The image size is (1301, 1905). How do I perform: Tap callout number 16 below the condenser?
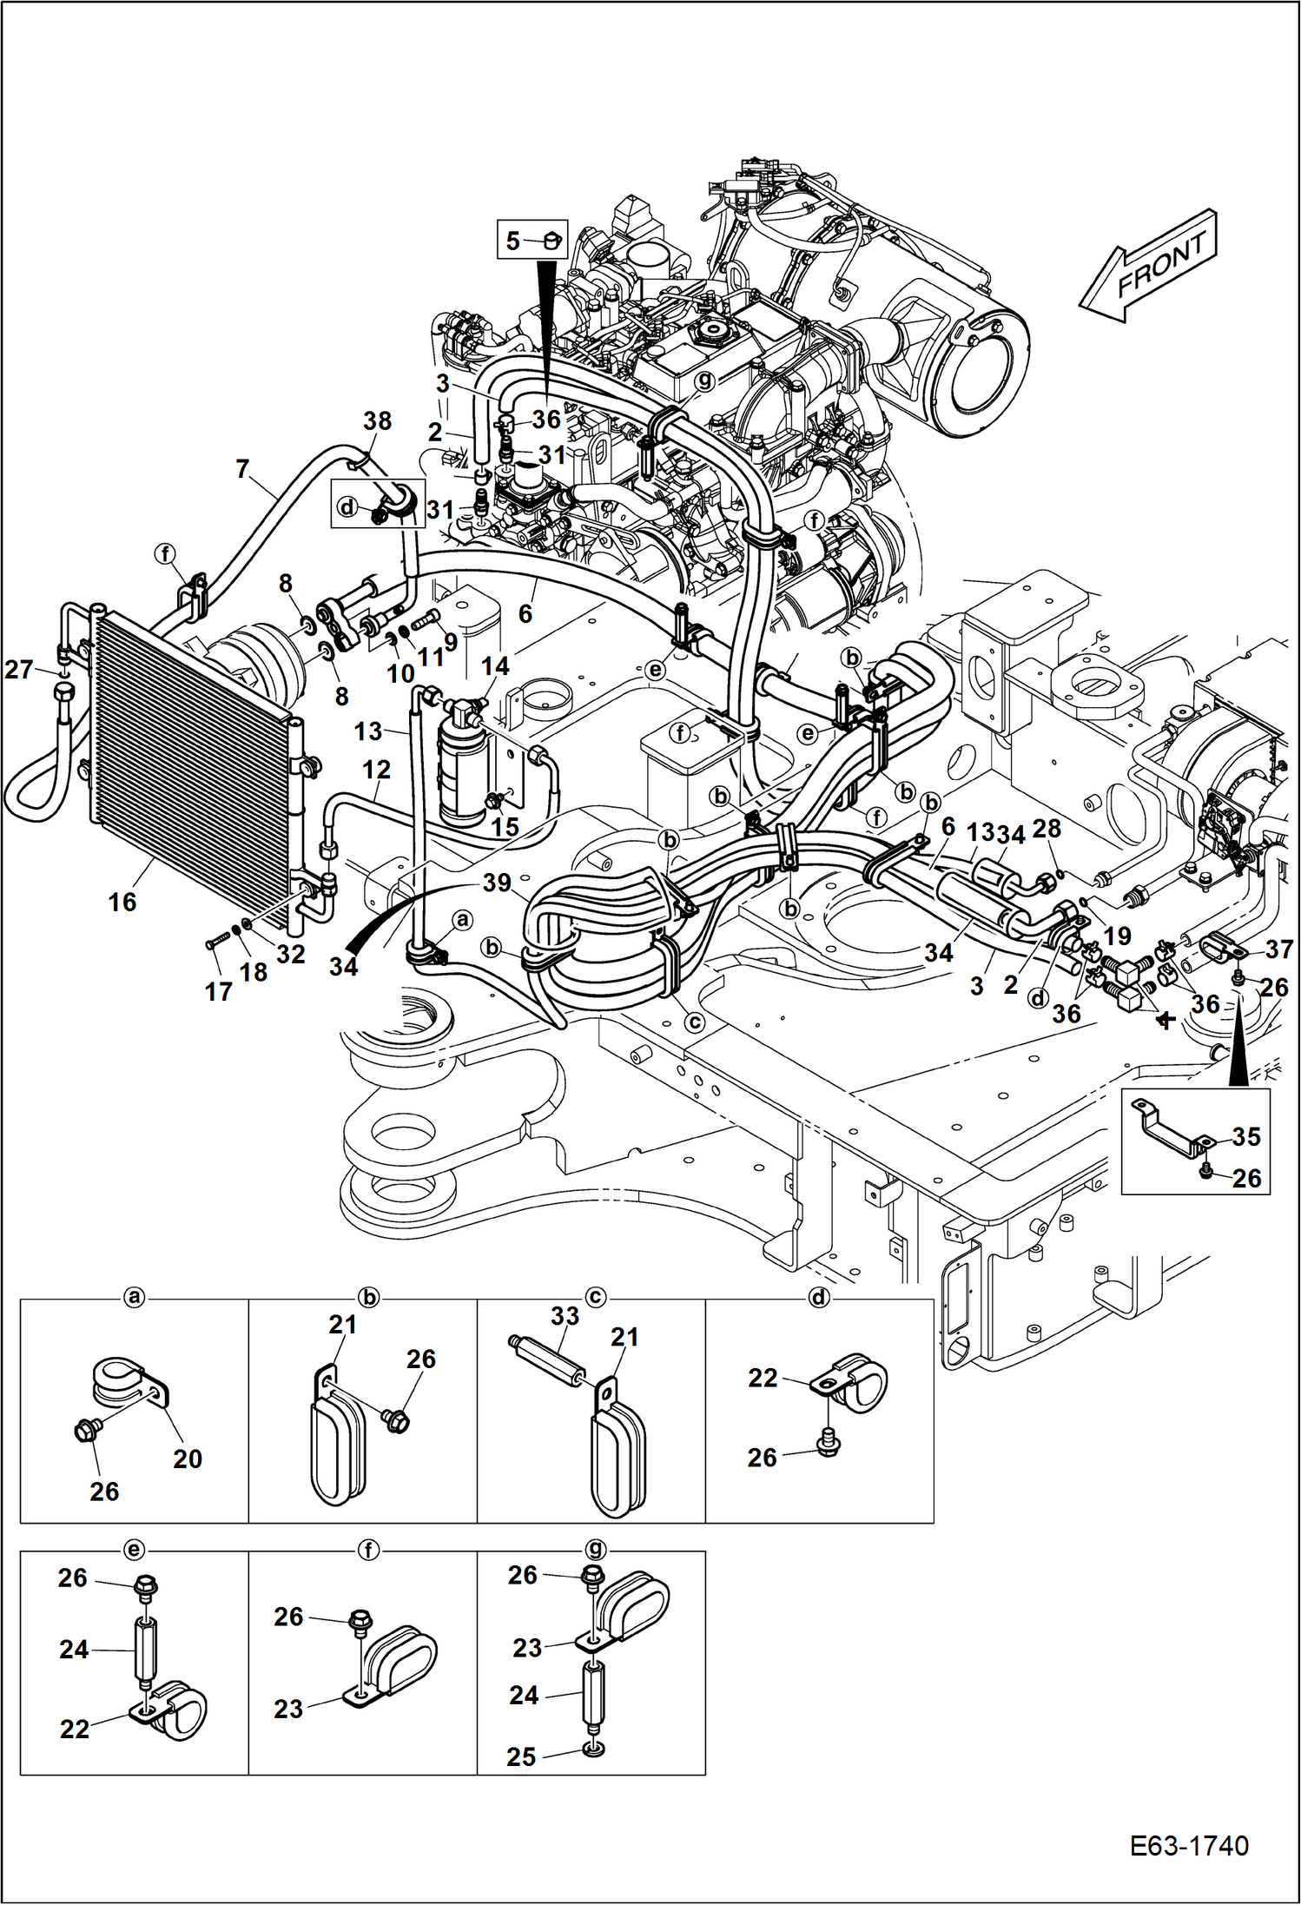(122, 903)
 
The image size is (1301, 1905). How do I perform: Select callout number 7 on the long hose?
(243, 470)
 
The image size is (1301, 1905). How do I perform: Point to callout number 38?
(377, 421)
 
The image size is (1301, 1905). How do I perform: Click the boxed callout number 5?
(513, 241)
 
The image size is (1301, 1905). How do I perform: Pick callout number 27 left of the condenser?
(19, 670)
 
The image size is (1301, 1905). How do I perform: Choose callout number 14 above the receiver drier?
(495, 666)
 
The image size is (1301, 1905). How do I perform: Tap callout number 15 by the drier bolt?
(505, 826)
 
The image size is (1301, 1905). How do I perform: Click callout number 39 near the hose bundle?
(497, 883)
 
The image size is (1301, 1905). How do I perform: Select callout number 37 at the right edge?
(1278, 949)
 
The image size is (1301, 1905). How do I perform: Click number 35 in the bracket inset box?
(1245, 1136)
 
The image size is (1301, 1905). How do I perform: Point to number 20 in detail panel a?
(188, 1459)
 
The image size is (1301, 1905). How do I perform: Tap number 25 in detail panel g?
(521, 1756)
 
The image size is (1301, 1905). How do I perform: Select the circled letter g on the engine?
(704, 380)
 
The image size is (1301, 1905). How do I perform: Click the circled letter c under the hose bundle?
(694, 1022)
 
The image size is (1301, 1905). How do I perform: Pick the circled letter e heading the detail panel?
(134, 1550)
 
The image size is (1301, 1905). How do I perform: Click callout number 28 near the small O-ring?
(1047, 829)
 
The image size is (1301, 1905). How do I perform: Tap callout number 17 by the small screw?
(218, 991)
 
